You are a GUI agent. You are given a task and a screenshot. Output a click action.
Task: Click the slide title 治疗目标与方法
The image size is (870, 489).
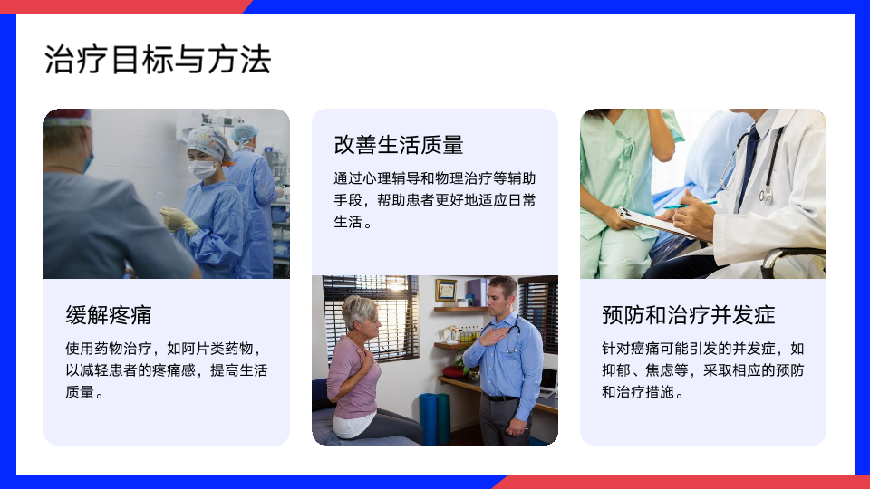coord(158,60)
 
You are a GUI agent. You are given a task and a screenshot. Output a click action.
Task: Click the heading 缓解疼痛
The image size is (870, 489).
coord(109,315)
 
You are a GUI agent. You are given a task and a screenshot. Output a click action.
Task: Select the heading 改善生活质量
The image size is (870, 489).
coord(399,145)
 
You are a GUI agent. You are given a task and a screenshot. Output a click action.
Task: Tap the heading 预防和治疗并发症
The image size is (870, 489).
coord(689,315)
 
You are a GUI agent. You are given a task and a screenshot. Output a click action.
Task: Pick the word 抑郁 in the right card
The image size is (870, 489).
coord(616,369)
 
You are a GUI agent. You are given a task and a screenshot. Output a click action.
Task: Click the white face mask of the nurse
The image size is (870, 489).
coord(202,169)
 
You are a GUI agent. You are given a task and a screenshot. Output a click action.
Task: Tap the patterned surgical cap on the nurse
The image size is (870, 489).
coord(208,142)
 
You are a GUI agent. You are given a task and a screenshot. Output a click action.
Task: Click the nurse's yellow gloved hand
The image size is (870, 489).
coord(179,220)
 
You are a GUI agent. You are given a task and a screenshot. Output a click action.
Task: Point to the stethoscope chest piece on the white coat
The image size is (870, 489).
coord(767,196)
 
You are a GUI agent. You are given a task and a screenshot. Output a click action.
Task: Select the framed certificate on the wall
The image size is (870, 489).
coord(446,290)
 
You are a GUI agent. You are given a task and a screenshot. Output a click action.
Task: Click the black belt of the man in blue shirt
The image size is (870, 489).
coord(501,398)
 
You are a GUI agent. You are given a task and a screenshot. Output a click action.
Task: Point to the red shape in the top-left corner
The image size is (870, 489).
coord(122,6)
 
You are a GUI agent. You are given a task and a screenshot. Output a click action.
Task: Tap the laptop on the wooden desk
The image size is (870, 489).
coord(549,383)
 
